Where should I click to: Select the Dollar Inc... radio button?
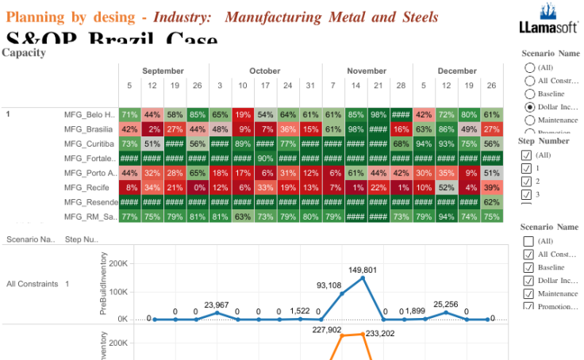(x=529, y=106)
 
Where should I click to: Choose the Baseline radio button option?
(x=529, y=94)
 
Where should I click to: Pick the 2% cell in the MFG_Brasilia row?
(x=152, y=129)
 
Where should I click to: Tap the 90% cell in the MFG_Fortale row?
(x=265, y=158)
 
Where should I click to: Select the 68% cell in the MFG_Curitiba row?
(x=401, y=144)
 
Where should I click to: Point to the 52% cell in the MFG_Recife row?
(x=446, y=187)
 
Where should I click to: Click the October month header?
(x=265, y=71)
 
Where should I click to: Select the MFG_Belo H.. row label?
(x=90, y=114)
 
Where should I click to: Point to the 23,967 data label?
(x=216, y=305)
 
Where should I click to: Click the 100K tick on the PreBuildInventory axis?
(x=117, y=292)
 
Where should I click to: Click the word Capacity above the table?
(x=24, y=52)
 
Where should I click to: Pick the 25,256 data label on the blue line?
(x=445, y=304)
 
